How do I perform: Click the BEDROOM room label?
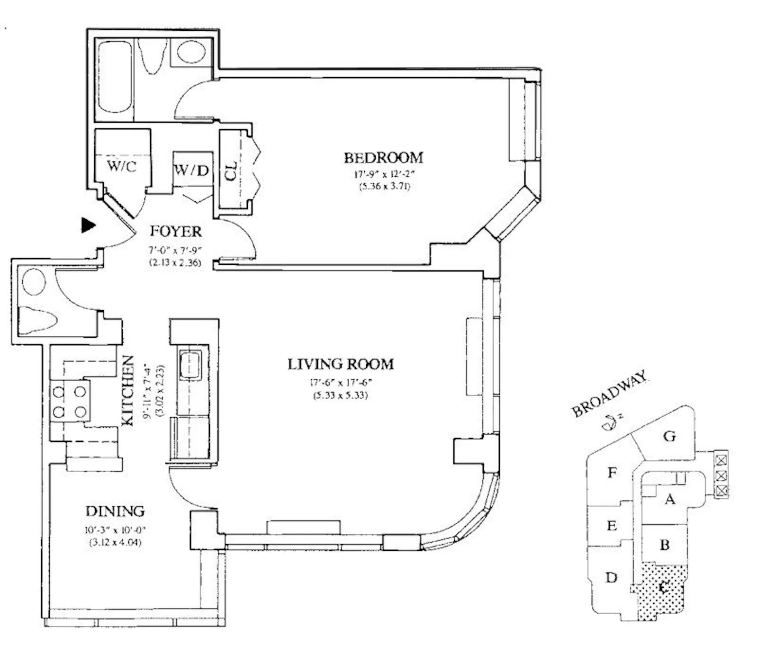[383, 157]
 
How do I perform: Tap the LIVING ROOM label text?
[341, 364]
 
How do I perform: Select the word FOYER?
[175, 232]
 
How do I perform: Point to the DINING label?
[115, 511]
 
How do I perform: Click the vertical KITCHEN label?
[128, 391]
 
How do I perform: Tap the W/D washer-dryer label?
[191, 170]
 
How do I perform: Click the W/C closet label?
[122, 166]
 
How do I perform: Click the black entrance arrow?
[88, 225]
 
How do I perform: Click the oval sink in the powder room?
[34, 282]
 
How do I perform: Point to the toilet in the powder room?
[37, 320]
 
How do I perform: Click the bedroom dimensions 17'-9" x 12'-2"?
[383, 174]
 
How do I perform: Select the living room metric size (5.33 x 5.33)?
[340, 395]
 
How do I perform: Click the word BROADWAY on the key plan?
[609, 394]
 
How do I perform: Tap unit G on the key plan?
[669, 436]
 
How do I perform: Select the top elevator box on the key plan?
[721, 459]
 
